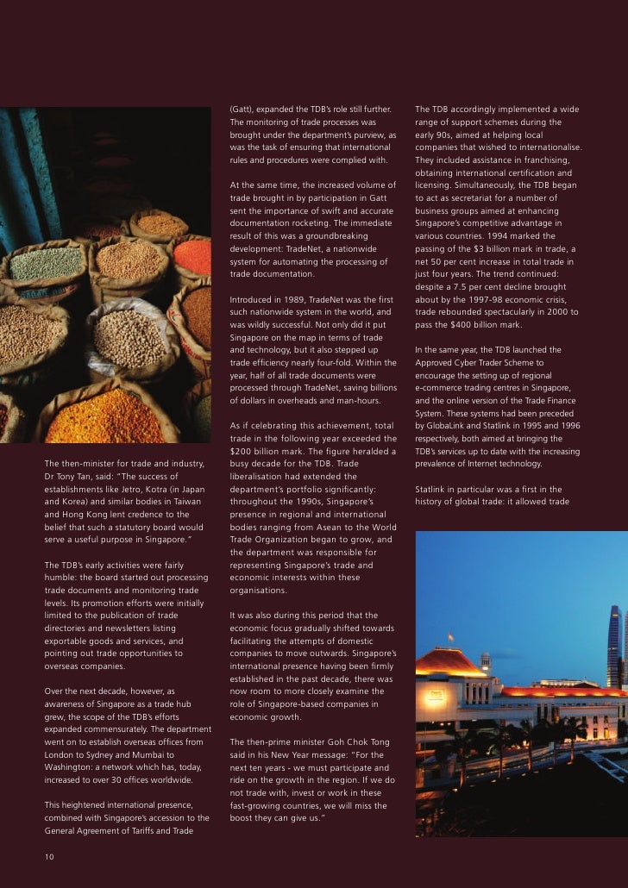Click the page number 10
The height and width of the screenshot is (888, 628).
click(49, 856)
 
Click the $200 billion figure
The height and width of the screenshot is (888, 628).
click(251, 451)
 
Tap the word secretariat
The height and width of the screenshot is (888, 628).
click(480, 197)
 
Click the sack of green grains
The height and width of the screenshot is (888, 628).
click(45, 263)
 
